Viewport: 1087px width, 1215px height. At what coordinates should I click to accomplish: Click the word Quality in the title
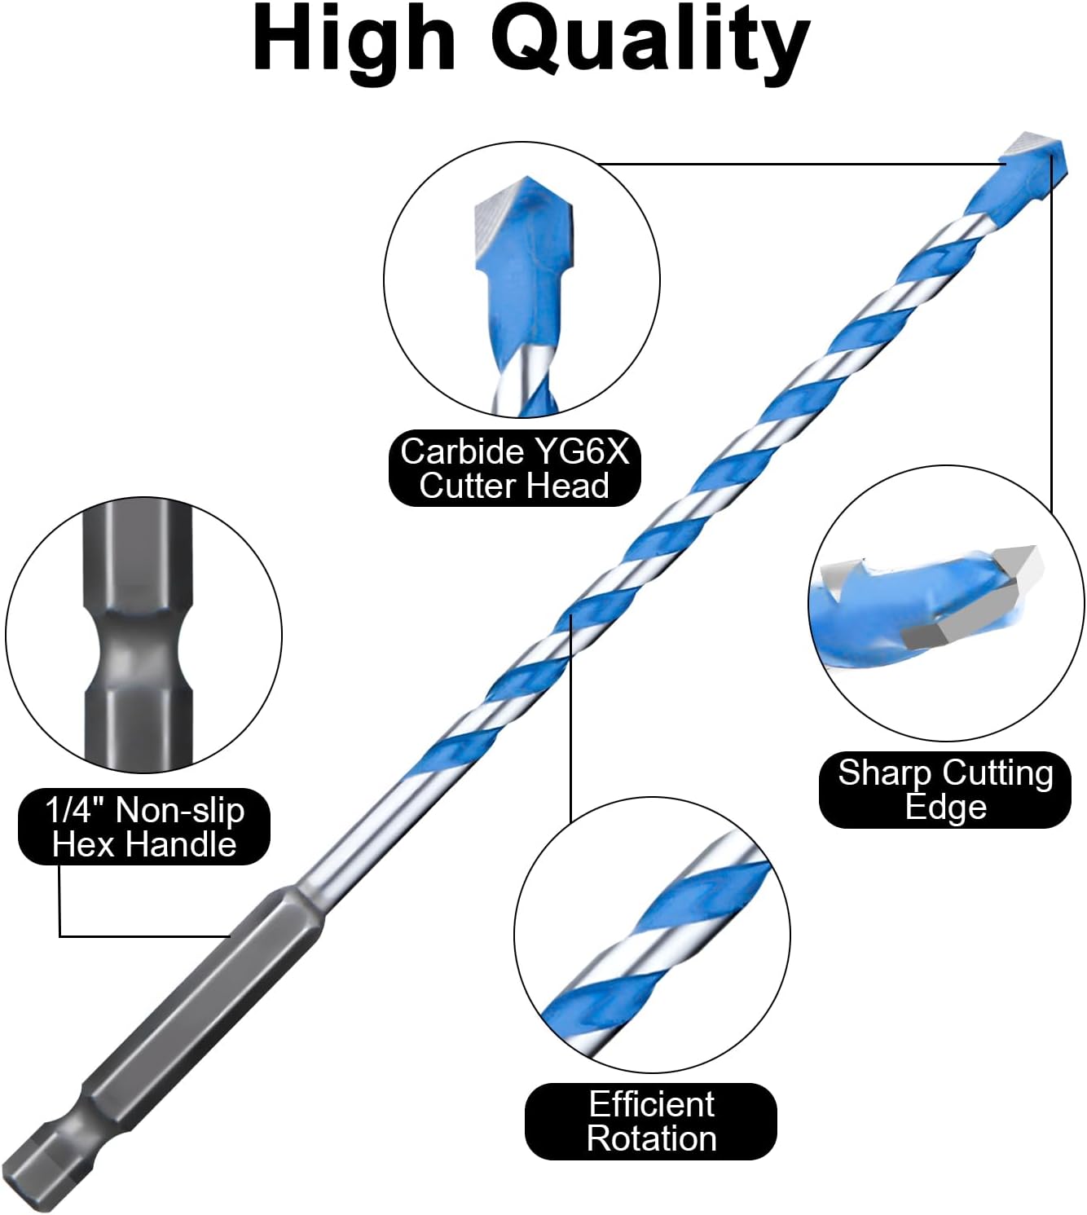point(654,44)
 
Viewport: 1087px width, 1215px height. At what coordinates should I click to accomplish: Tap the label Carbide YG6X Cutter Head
point(514,468)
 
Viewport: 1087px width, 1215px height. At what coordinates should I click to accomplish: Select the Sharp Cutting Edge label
point(945,790)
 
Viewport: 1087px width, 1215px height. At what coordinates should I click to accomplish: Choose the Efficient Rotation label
point(651,1121)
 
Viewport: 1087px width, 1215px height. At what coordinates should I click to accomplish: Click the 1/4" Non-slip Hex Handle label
point(144,826)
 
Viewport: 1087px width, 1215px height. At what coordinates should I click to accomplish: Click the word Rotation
point(651,1138)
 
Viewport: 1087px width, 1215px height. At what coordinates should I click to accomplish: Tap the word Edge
point(945,808)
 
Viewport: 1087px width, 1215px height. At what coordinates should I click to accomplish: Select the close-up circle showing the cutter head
point(521,280)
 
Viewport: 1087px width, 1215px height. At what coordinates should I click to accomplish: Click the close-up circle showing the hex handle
point(143,635)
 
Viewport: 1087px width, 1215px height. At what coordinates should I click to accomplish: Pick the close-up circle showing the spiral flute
point(652,935)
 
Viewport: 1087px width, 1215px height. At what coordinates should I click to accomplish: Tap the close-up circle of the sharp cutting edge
point(946,603)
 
